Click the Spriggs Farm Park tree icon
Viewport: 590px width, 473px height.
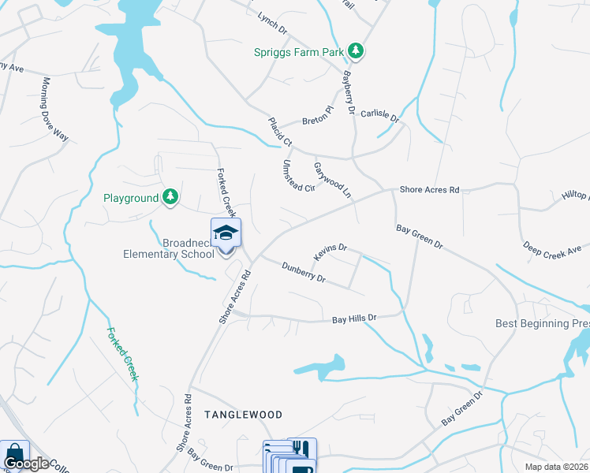click(357, 51)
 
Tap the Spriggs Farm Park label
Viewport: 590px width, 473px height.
click(300, 53)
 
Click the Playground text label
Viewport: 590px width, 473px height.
click(131, 198)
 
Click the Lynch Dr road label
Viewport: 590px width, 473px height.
click(272, 23)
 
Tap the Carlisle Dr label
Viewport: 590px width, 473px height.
click(380, 114)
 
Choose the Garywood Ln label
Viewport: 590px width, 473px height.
click(332, 179)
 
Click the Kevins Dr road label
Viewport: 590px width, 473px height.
click(330, 252)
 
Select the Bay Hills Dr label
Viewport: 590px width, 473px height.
click(355, 319)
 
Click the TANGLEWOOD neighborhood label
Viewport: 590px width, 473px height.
click(243, 414)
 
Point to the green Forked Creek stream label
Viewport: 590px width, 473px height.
click(122, 354)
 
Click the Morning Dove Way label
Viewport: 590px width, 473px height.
click(56, 109)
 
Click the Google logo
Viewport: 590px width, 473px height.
click(26, 464)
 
